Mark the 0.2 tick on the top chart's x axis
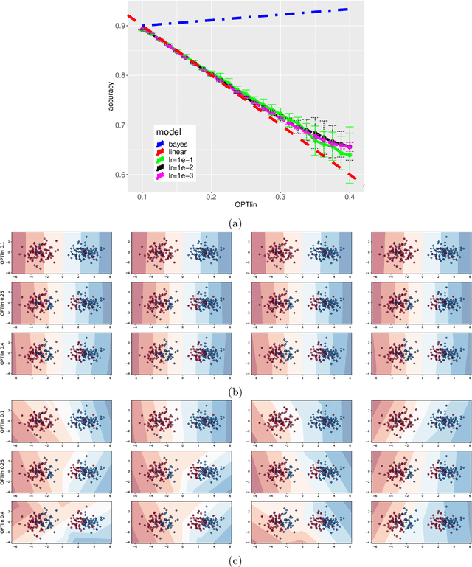coord(211,198)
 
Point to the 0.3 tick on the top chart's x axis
coord(280,198)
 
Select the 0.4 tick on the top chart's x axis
coord(350,198)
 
